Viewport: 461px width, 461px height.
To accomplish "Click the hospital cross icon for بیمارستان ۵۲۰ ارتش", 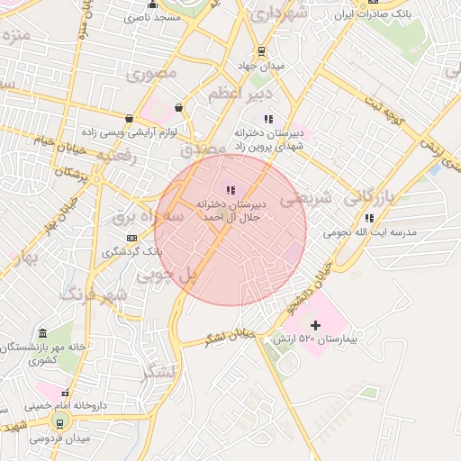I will (x=315, y=325).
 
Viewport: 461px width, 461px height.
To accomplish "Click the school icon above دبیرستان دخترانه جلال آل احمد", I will (x=230, y=190).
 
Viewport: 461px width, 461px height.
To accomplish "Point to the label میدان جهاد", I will (x=261, y=66).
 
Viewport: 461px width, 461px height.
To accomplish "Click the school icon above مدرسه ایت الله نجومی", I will (x=369, y=218).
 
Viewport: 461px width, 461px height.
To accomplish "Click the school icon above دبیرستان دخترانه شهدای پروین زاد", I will (x=267, y=118).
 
